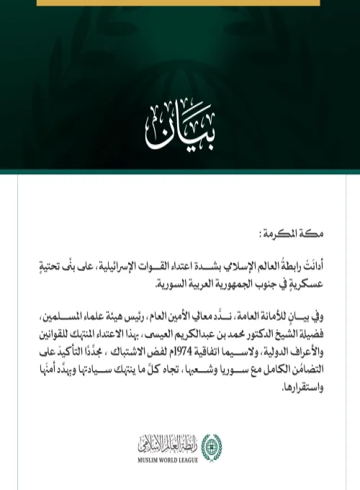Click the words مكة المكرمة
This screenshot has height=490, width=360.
297,234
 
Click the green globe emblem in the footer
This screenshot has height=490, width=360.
208,445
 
